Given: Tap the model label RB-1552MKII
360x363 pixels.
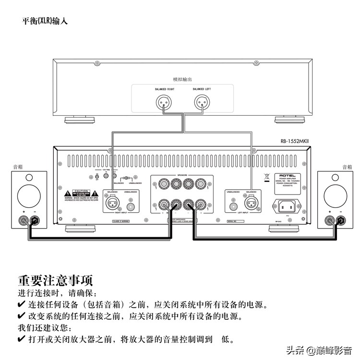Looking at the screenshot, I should click(296, 141).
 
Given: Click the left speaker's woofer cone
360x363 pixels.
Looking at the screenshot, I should click(29, 194).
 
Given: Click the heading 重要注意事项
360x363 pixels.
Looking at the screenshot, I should click(55, 280).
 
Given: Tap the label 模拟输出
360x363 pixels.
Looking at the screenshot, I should click(182, 79).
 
